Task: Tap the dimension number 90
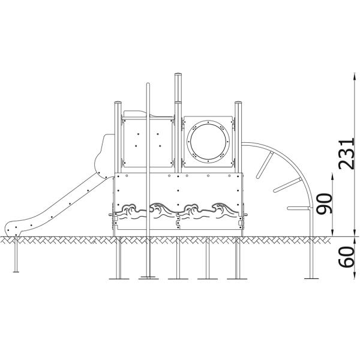325,205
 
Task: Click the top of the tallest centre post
178,75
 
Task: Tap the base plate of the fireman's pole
147,278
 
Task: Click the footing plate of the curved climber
311,278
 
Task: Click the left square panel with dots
145,142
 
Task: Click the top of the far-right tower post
239,103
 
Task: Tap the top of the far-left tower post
117,103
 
